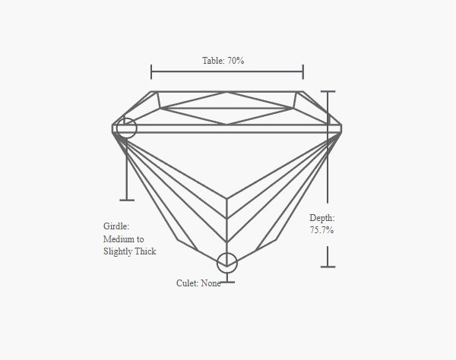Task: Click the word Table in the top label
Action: point(213,61)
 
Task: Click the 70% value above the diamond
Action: point(236,61)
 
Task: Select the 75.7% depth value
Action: point(321,230)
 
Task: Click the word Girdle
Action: point(116,226)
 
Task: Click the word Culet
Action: point(187,283)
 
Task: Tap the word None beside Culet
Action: point(211,283)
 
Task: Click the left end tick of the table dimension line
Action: point(151,71)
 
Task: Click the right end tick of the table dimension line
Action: point(303,71)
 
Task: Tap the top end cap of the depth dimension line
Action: point(328,92)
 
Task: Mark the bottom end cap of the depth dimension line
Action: point(328,267)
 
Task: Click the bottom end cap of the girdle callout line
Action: point(127,200)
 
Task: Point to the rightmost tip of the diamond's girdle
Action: point(342,128)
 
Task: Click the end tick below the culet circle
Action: point(227,282)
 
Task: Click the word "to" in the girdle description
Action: point(140,239)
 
